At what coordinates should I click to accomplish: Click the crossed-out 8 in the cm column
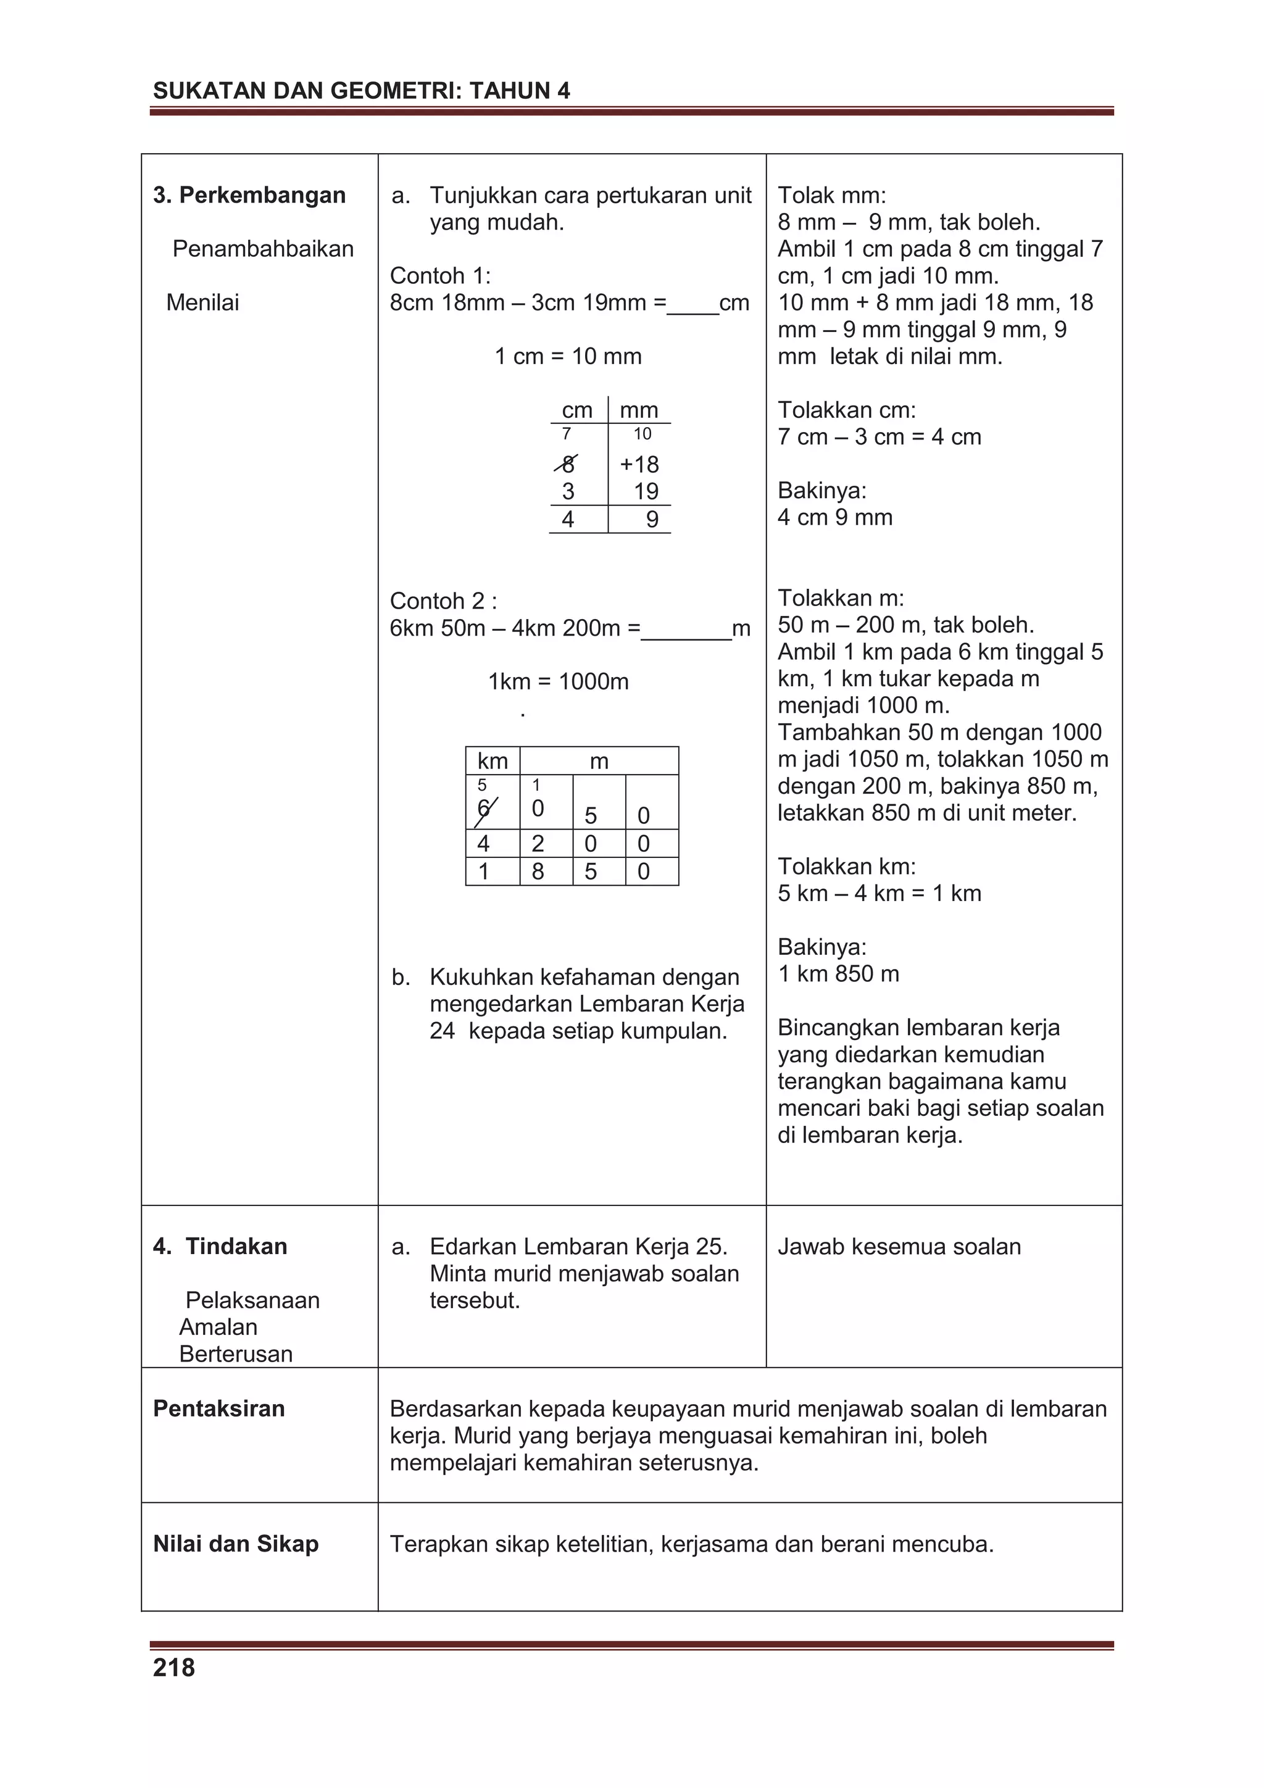pyautogui.click(x=568, y=465)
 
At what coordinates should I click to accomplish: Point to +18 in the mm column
pyautogui.click(x=639, y=465)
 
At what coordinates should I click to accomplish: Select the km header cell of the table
pyautogui.click(x=492, y=761)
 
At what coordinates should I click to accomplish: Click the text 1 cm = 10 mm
pyautogui.click(x=568, y=357)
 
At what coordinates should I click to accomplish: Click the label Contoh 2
pyautogui.click(x=443, y=601)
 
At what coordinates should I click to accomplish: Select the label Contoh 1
pyautogui.click(x=440, y=276)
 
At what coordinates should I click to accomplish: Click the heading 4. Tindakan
pyautogui.click(x=220, y=1246)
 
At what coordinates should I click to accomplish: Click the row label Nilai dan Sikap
pyautogui.click(x=235, y=1544)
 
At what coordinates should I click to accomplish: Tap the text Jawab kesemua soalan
pyautogui.click(x=899, y=1246)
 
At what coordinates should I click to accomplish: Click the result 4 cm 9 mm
pyautogui.click(x=835, y=517)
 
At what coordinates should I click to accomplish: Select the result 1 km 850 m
pyautogui.click(x=838, y=973)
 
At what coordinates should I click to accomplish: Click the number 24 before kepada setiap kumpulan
pyautogui.click(x=441, y=1031)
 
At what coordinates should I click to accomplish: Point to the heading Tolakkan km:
pyautogui.click(x=847, y=866)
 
